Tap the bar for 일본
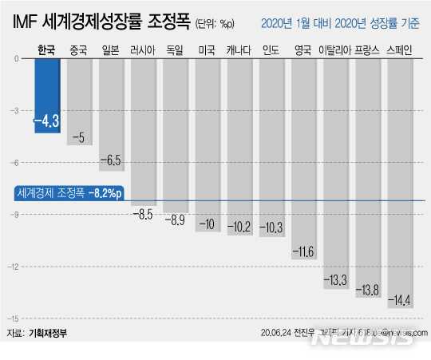click(112, 112)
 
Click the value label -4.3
click(46, 121)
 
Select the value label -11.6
click(303, 252)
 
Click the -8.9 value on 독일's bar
click(175, 219)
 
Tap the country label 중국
click(79, 50)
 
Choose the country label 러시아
click(143, 50)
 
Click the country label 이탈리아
click(335, 50)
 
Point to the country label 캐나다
click(239, 50)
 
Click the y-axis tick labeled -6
click(17, 163)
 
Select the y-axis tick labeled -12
click(15, 267)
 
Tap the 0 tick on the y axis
click(18, 59)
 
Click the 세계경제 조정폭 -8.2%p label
click(69, 192)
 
